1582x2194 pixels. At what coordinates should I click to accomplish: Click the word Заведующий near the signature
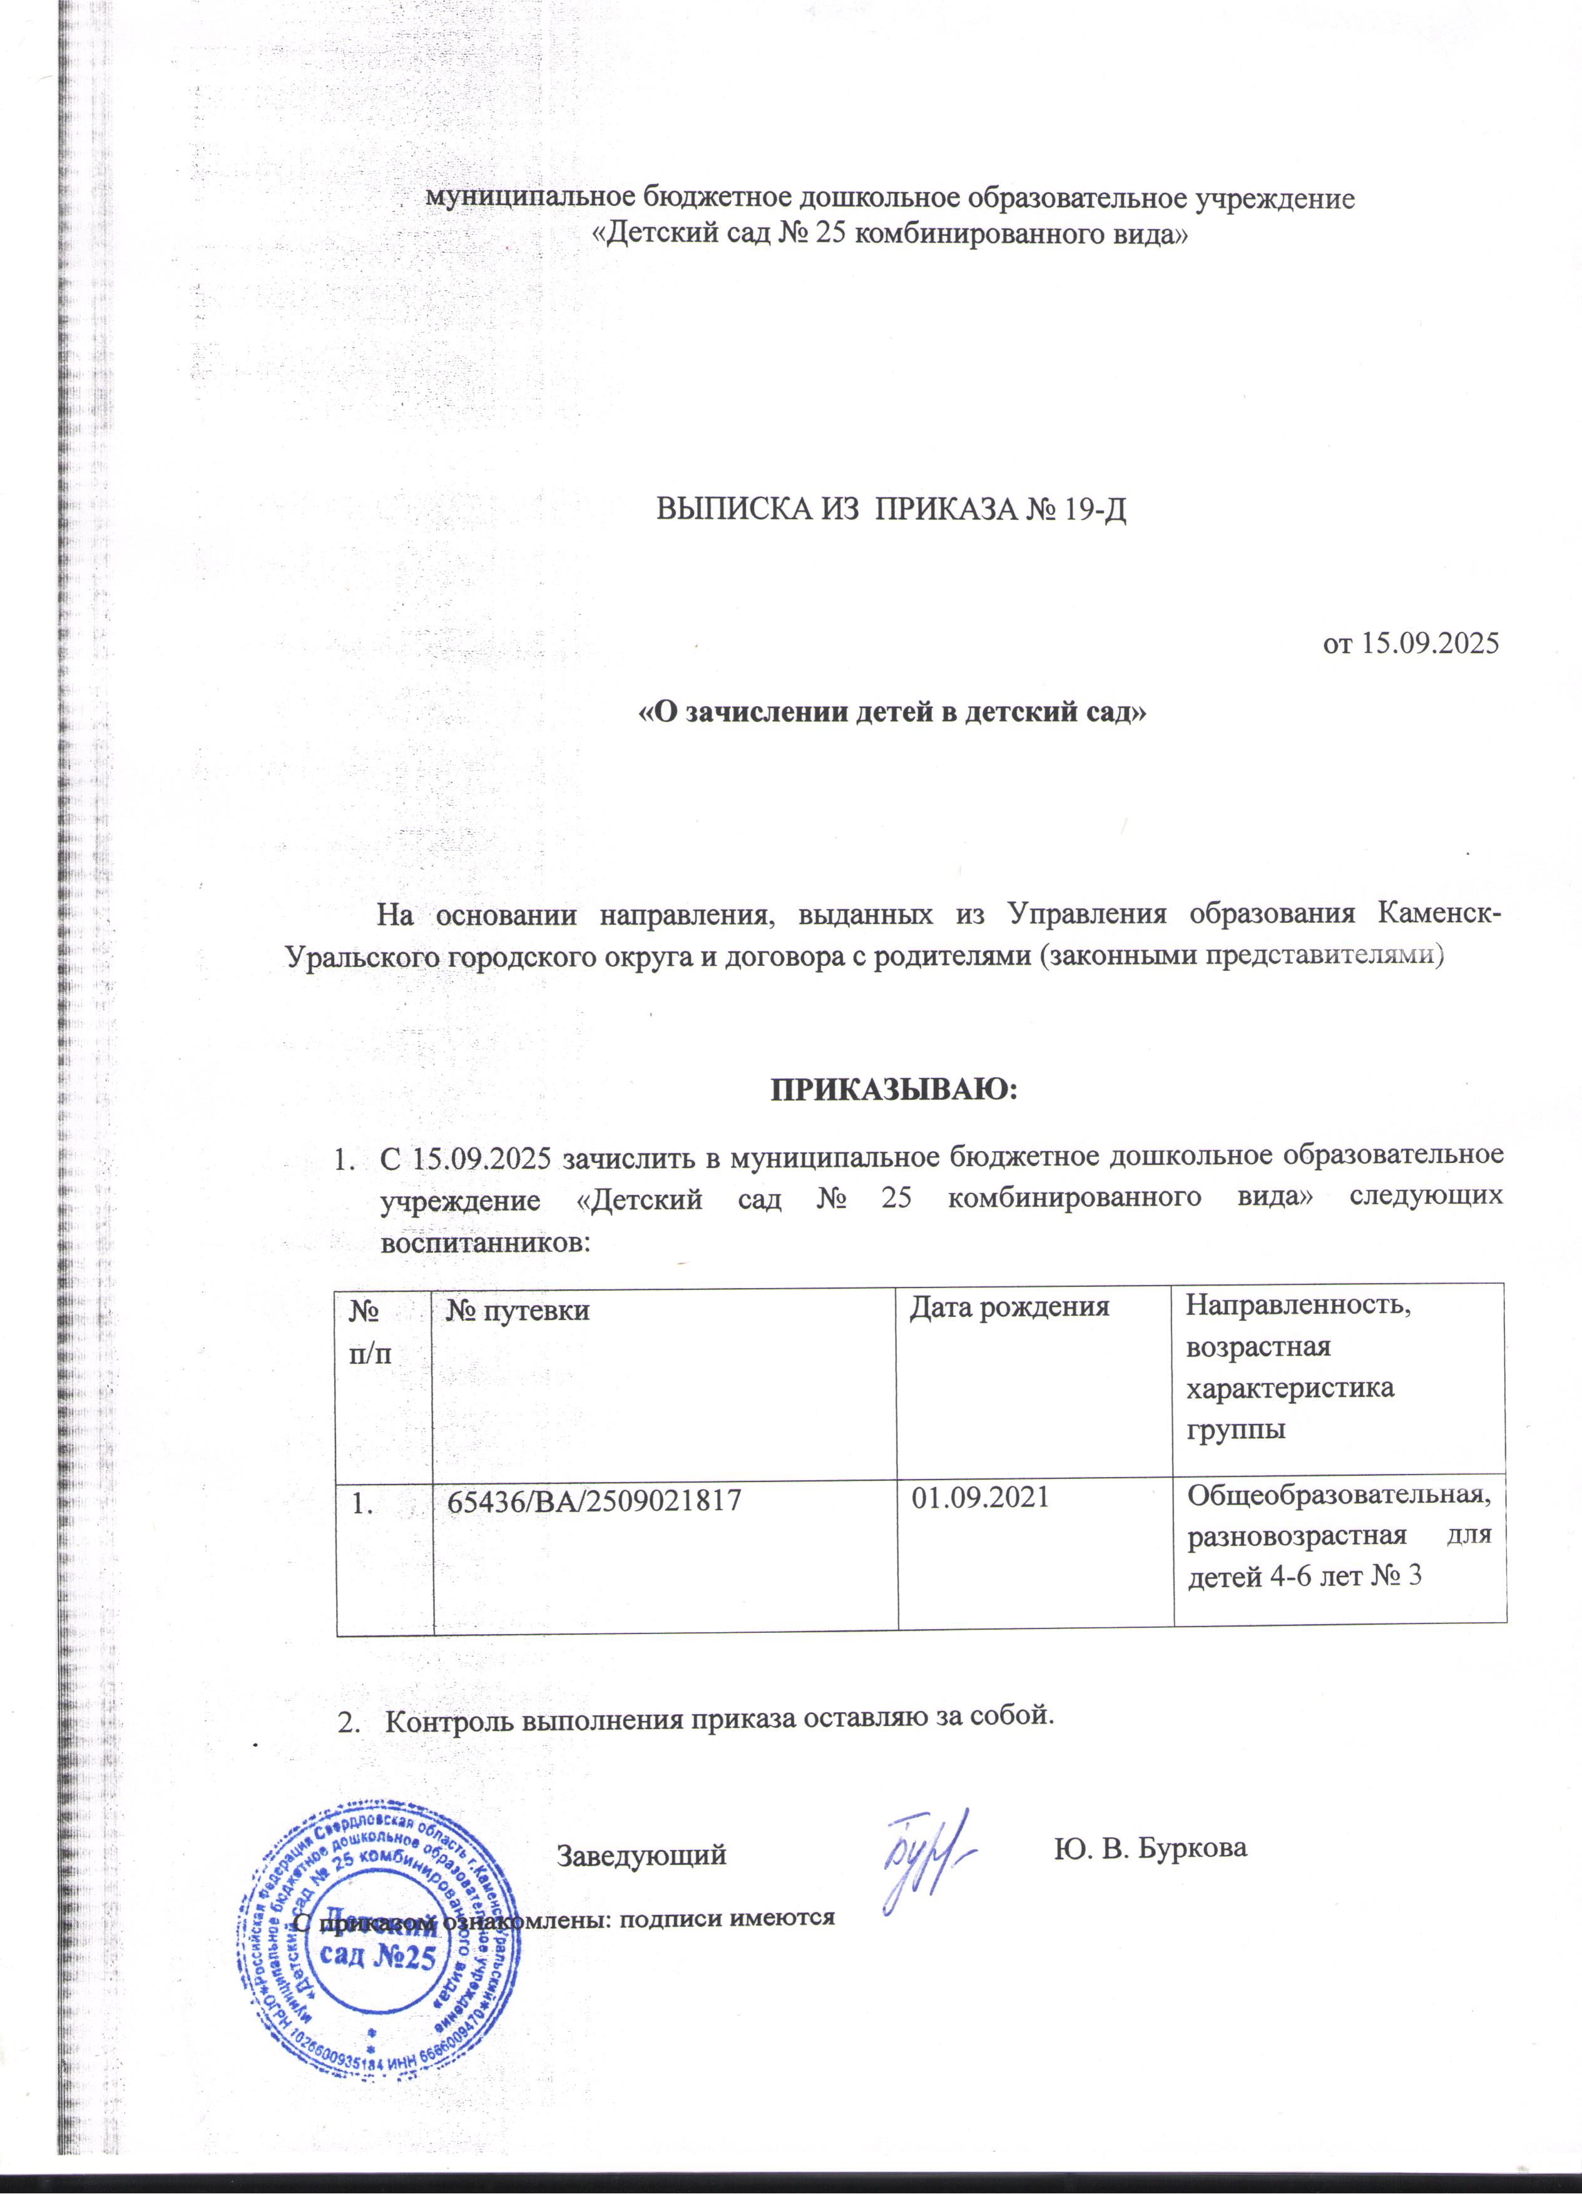[x=641, y=1856]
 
